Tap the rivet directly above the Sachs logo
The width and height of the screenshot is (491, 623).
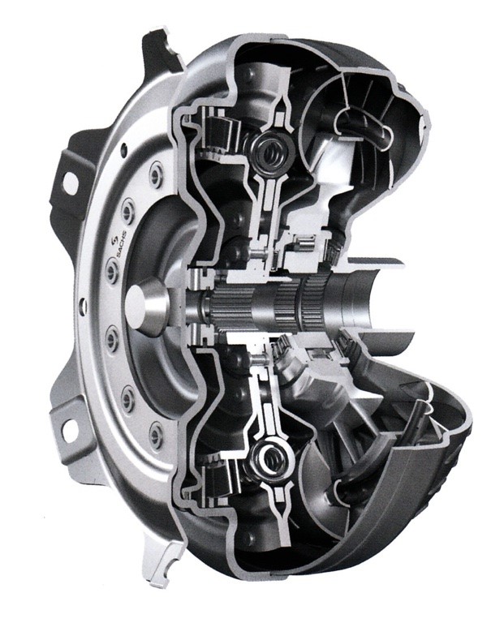point(127,209)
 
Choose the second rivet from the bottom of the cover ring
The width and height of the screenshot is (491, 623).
point(127,397)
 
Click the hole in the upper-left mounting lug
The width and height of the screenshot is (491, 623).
point(70,182)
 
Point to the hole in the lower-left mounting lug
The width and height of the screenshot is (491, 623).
point(71,431)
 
